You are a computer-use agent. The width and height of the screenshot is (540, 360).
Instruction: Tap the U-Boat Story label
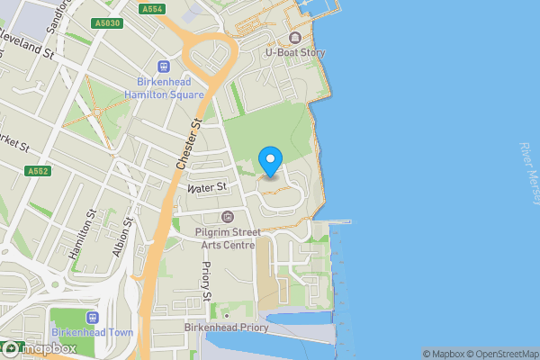[294, 53]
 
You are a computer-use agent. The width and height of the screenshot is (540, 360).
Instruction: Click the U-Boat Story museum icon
[294, 38]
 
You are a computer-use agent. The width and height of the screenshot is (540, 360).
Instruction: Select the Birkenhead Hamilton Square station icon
[165, 66]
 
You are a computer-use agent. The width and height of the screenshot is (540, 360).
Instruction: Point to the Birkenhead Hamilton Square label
[165, 88]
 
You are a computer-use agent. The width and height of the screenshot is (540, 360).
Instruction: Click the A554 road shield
[152, 8]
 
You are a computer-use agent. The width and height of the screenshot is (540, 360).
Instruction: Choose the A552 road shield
[38, 170]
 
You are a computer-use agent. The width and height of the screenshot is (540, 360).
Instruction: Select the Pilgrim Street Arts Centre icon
[227, 216]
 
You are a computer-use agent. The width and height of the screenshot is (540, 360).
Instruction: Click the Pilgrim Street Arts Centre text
[227, 238]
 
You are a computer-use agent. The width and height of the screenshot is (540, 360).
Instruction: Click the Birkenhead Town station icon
[92, 317]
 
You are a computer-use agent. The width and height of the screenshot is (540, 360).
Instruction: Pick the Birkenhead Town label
[92, 332]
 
